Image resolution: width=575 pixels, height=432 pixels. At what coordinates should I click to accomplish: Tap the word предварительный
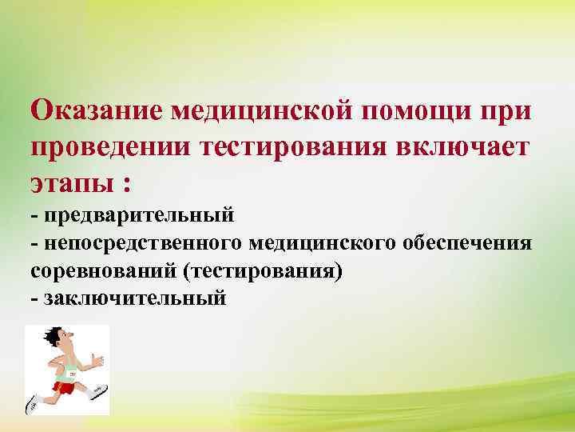pos(139,215)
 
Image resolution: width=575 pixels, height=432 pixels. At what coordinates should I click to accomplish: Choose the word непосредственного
pos(145,242)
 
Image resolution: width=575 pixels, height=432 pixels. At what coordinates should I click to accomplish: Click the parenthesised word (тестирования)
pos(263,270)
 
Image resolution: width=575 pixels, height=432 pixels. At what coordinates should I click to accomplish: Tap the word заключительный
pos(134,298)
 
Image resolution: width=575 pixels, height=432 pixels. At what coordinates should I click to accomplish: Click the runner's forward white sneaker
pos(99,391)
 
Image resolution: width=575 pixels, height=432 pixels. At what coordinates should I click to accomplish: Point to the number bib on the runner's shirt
pos(72,374)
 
